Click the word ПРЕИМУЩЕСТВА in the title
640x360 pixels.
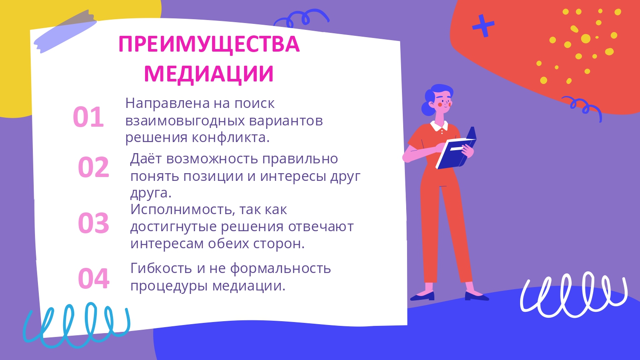209,44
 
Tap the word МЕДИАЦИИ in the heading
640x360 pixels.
209,73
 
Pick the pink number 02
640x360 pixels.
93,167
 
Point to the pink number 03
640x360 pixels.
93,223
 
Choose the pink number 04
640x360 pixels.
93,279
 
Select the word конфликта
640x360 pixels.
230,137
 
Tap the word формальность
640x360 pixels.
280,269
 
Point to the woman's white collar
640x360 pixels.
439,126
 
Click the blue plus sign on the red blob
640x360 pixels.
483,26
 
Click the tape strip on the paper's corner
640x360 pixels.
65,32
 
